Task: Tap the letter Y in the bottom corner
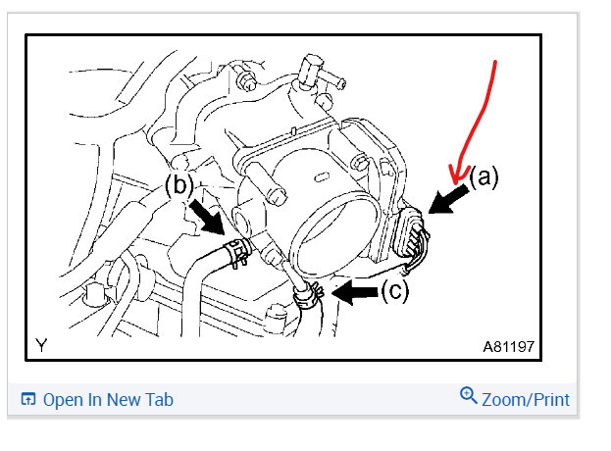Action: coord(40,345)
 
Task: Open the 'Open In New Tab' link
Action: coord(108,399)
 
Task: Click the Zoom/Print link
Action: coord(525,399)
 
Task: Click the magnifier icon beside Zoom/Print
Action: coord(468,397)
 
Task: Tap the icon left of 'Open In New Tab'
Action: coord(28,399)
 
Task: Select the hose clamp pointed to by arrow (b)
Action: coord(235,254)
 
